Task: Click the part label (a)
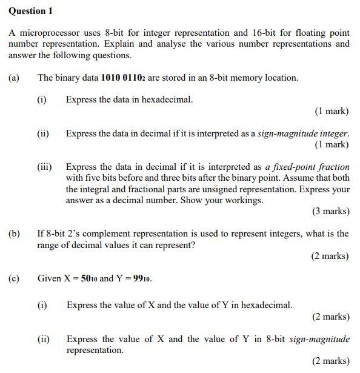click(14, 78)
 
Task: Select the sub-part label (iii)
click(44, 166)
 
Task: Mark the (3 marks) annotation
click(331, 211)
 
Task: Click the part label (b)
click(14, 234)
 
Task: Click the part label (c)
click(14, 278)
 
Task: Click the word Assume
click(301, 178)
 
